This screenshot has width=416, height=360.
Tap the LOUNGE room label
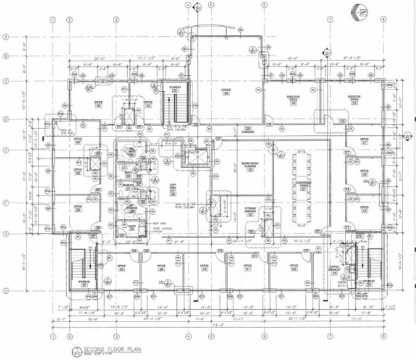coord(225,92)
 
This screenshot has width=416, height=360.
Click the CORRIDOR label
coord(230,130)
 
